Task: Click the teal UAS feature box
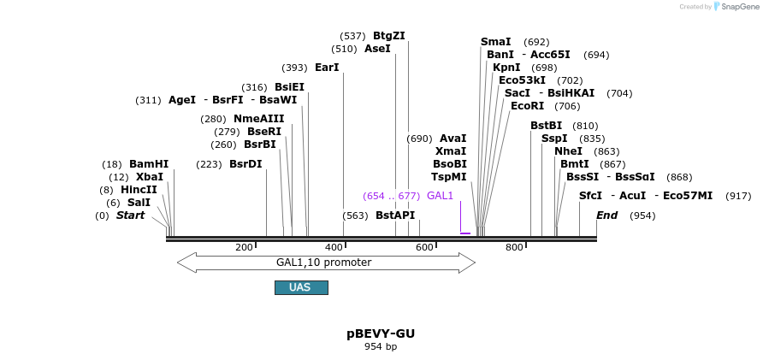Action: tap(301, 287)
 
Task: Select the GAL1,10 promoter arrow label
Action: tap(323, 263)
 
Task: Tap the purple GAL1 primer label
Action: tap(440, 196)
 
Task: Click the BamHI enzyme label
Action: tap(149, 164)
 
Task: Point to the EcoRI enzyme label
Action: tap(527, 106)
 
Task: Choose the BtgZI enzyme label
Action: tap(389, 36)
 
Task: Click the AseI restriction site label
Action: tap(377, 49)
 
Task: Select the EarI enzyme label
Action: tap(327, 68)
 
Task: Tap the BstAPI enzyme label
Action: tap(395, 215)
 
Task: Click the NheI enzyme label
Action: tap(568, 151)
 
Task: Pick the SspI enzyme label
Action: tap(554, 139)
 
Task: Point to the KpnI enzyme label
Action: tap(506, 68)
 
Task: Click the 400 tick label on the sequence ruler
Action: tap(334, 247)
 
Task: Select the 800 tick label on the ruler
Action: tap(514, 247)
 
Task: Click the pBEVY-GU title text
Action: tap(381, 333)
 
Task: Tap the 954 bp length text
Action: tap(381, 347)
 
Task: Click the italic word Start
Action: tap(130, 215)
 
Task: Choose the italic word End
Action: tap(606, 215)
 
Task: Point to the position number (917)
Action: tap(738, 196)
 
